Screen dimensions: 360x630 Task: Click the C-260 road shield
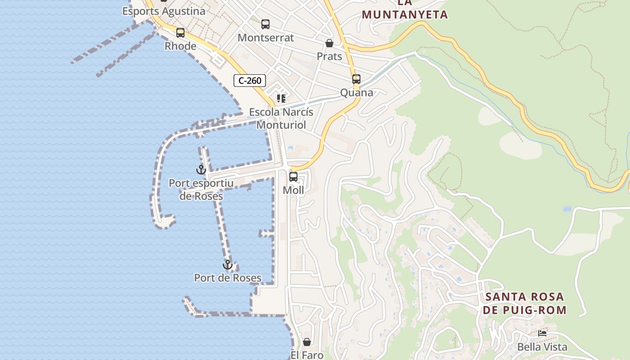tap(250, 81)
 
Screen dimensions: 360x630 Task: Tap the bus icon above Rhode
tap(180, 33)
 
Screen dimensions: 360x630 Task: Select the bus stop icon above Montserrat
tap(265, 24)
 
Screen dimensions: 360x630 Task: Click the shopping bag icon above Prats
tap(329, 44)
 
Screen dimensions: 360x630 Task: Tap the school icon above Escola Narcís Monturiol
tap(281, 99)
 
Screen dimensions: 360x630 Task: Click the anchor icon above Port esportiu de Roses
tap(201, 170)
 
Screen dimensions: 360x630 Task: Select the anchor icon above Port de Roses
tap(228, 265)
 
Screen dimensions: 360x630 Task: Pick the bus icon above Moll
tap(293, 177)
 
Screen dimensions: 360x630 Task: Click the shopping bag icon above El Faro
tap(307, 342)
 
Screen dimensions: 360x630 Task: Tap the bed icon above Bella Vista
tap(542, 333)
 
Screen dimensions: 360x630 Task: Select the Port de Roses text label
tap(228, 278)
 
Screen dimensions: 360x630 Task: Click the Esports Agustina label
tap(164, 11)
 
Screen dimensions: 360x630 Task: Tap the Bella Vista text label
tap(542, 347)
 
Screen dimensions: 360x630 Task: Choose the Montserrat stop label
tap(265, 38)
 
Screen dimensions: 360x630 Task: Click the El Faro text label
tap(307, 355)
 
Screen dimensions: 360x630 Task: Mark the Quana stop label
tap(356, 93)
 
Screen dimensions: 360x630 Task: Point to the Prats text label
tap(329, 57)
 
